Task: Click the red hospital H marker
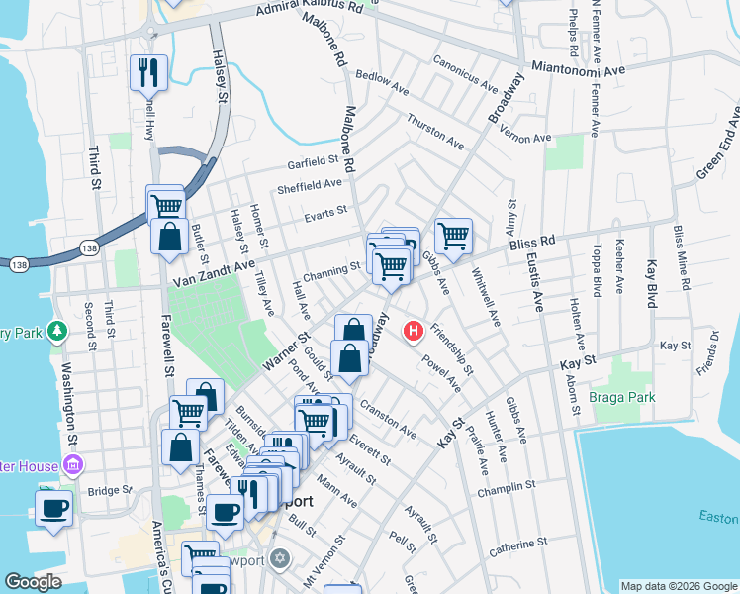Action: click(414, 331)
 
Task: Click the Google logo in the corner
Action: click(34, 582)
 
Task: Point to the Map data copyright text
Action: click(678, 586)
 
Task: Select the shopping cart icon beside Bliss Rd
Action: click(453, 236)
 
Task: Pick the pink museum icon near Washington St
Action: click(71, 463)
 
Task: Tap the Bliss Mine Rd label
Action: click(680, 254)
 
